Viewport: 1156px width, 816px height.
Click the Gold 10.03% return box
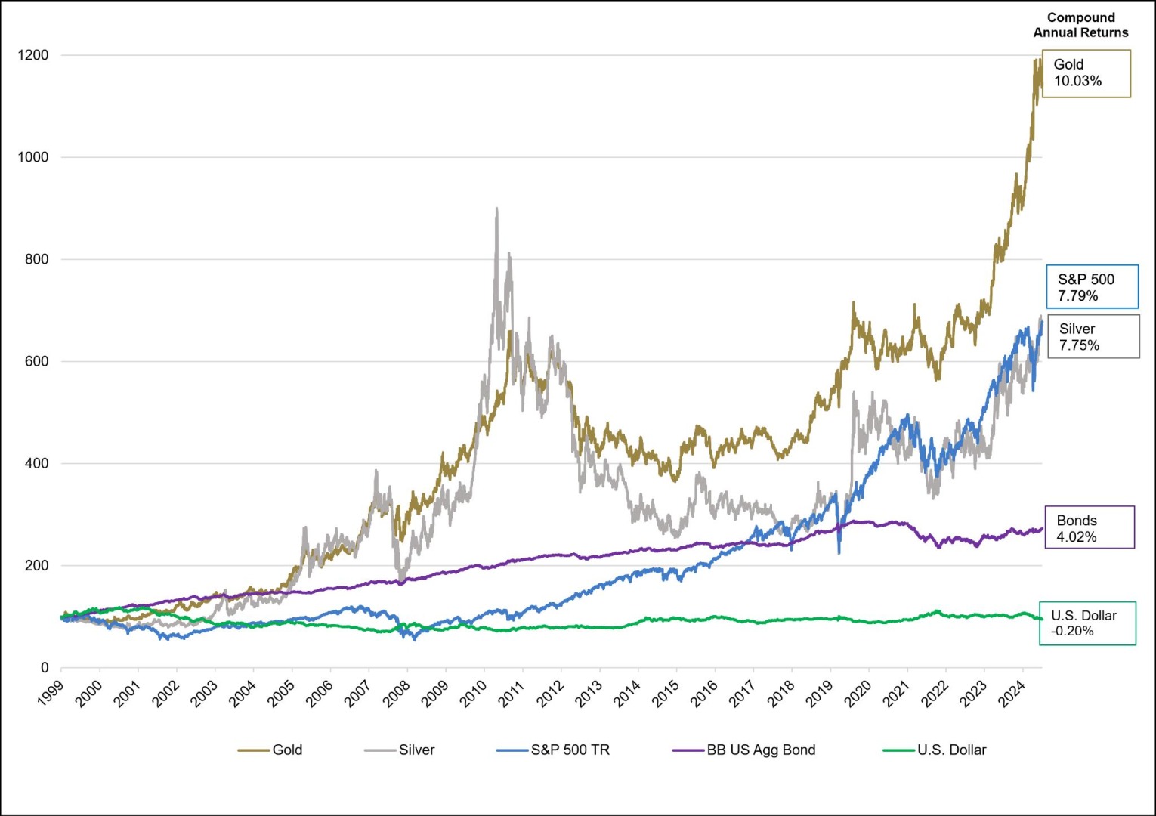point(1086,73)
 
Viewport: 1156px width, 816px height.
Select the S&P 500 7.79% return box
point(1091,287)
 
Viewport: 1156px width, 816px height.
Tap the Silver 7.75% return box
point(1093,337)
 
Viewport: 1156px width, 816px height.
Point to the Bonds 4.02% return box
point(1089,528)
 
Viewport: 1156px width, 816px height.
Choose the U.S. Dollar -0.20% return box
point(1086,623)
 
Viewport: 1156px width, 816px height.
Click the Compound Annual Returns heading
point(1080,25)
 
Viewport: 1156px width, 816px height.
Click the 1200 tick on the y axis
point(33,55)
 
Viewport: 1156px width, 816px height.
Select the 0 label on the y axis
point(45,668)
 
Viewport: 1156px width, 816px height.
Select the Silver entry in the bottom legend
point(400,750)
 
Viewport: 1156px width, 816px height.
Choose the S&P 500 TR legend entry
point(553,750)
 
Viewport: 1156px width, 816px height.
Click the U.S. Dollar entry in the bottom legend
point(935,750)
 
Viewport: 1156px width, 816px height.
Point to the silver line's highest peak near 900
point(496,209)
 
